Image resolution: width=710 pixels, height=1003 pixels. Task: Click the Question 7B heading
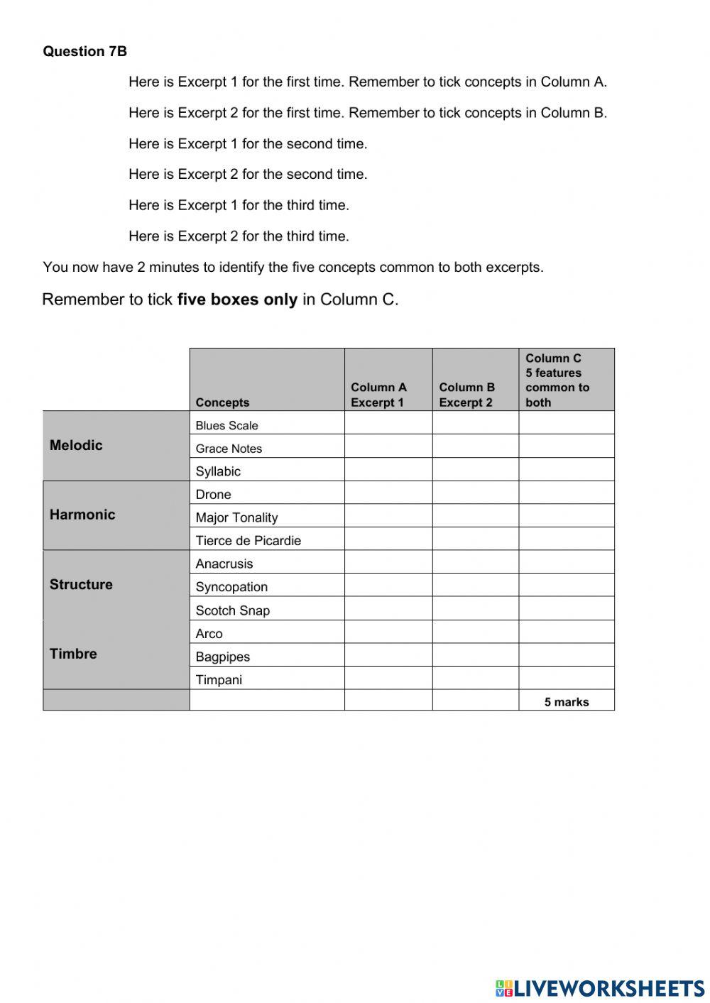tap(85, 51)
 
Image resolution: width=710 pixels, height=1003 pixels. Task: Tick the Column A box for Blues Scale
tap(388, 423)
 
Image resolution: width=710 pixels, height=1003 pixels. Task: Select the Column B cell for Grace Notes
tap(476, 446)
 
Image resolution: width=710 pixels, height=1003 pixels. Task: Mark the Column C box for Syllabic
tap(567, 469)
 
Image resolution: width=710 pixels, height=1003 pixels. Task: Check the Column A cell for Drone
tap(388, 493)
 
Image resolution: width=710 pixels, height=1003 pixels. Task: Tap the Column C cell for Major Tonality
tap(567, 516)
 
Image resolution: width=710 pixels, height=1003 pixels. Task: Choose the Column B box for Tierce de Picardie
tap(476, 539)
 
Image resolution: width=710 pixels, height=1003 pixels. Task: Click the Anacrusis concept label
tap(224, 564)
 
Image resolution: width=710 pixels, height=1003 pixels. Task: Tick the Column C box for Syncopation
tap(567, 585)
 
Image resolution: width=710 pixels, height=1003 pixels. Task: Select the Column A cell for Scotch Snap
tap(388, 608)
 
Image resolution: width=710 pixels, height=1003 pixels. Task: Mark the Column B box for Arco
tap(476, 632)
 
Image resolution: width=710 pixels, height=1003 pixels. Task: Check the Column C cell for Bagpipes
tap(567, 654)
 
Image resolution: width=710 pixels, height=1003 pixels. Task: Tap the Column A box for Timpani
tap(388, 678)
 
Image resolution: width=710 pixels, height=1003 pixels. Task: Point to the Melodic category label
tap(76, 445)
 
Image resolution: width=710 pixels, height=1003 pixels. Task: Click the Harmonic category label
tap(82, 515)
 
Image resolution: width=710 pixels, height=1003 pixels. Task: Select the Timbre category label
tap(73, 654)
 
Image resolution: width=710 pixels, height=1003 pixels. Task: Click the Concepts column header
tap(222, 402)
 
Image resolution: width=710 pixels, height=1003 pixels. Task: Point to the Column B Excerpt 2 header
tap(466, 395)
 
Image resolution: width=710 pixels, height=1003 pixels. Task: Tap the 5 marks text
tap(567, 702)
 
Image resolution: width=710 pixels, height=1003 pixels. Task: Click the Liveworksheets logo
tap(600, 988)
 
